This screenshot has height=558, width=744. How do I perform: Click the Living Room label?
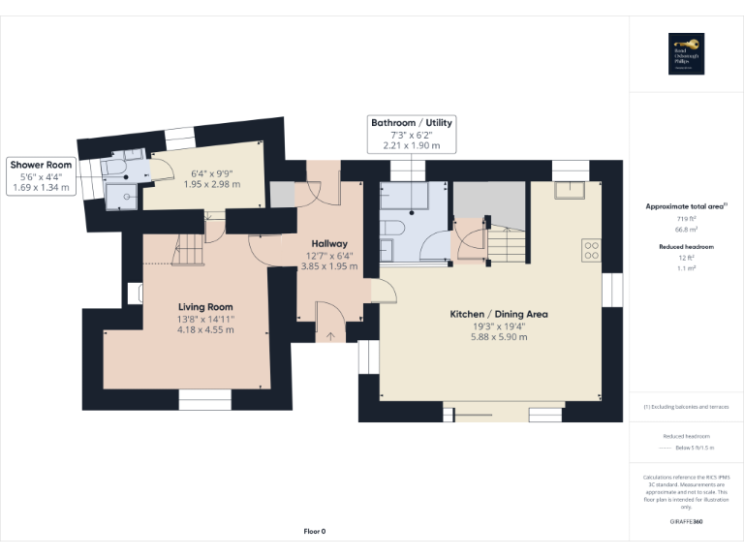pos(205,306)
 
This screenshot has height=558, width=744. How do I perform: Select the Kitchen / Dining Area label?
pos(499,314)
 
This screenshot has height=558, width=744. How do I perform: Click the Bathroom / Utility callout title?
pos(411,123)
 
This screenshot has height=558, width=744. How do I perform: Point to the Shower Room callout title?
pos(41,165)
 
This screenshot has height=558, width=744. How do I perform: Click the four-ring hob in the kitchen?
pos(591,250)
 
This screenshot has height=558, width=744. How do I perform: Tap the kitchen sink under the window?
pos(567,190)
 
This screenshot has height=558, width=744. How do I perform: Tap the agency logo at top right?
pos(686,53)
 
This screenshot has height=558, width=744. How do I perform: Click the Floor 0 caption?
pos(315,532)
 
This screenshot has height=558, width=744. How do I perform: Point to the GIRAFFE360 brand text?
pos(687,522)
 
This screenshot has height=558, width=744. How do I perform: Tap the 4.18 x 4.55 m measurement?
pos(205,330)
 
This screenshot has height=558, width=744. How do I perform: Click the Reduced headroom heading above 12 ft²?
pos(687,247)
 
